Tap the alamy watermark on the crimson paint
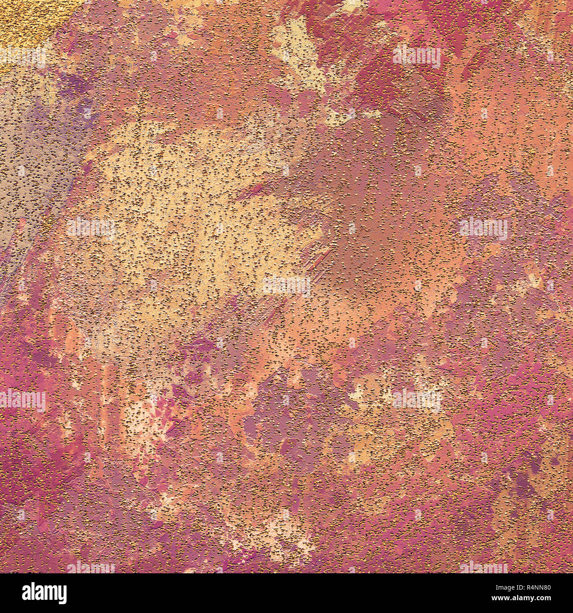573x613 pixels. [x=417, y=56]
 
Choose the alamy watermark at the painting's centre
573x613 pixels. [x=286, y=286]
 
